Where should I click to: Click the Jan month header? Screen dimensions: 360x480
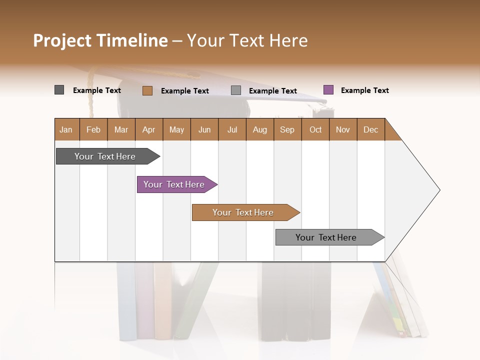[x=66, y=129]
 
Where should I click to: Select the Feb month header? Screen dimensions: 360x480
[x=93, y=129]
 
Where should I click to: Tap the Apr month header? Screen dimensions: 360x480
[x=149, y=129]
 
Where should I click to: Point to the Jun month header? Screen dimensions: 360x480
[x=204, y=129]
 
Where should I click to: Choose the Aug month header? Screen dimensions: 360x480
[x=260, y=129]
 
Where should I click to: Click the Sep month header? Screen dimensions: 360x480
[x=287, y=129]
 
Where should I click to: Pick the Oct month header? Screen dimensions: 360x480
[x=315, y=129]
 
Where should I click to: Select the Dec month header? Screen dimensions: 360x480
[x=371, y=129]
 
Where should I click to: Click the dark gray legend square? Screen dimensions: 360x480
[x=59, y=90]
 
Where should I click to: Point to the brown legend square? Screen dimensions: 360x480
[x=147, y=90]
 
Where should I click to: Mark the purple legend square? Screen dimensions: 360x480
[x=328, y=90]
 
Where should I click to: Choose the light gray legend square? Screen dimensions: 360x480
[x=236, y=90]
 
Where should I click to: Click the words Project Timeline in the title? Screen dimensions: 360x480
[x=100, y=40]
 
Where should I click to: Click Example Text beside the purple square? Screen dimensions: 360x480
[x=364, y=90]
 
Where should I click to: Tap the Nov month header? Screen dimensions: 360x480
[x=343, y=129]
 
